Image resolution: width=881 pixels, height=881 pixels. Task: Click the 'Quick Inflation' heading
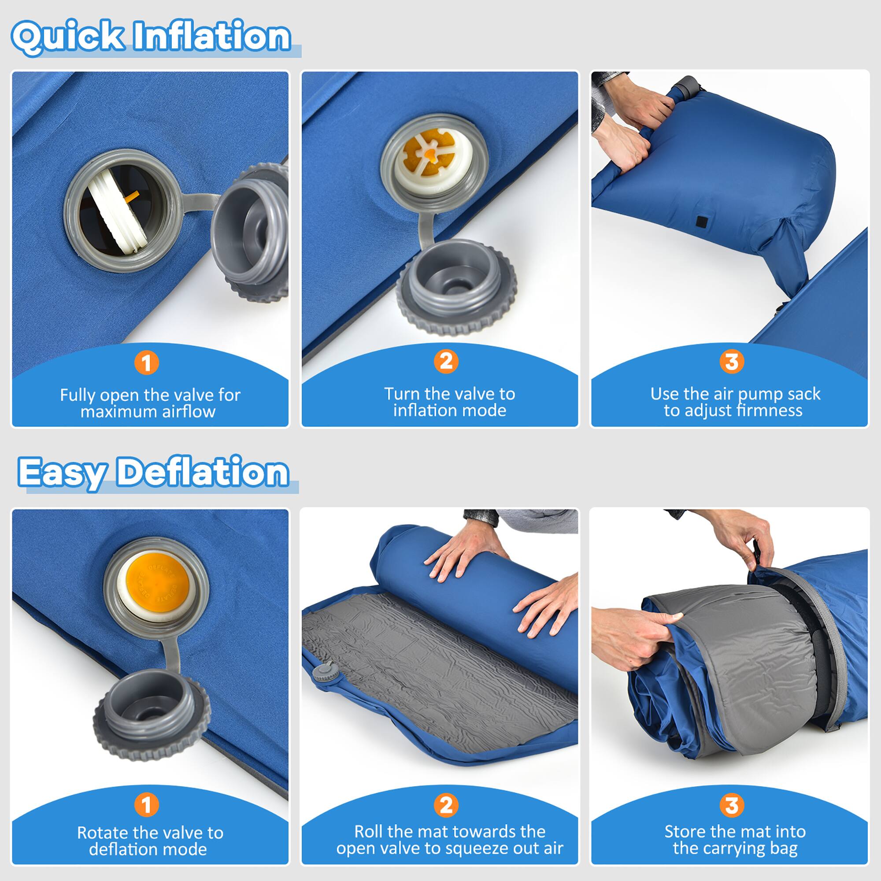[151, 37]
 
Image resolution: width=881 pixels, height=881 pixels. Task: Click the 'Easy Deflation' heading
[153, 473]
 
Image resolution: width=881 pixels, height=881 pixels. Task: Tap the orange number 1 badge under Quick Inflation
[146, 363]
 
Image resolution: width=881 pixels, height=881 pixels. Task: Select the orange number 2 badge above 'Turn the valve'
[446, 361]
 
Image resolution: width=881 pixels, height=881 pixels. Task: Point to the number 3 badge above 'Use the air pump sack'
[731, 362]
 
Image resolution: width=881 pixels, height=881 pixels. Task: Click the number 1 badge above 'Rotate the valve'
[146, 805]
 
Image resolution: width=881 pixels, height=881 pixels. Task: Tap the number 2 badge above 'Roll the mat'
[446, 805]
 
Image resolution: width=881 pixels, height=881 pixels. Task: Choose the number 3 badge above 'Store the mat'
[731, 805]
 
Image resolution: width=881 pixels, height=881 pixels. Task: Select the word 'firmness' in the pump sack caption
[770, 411]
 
